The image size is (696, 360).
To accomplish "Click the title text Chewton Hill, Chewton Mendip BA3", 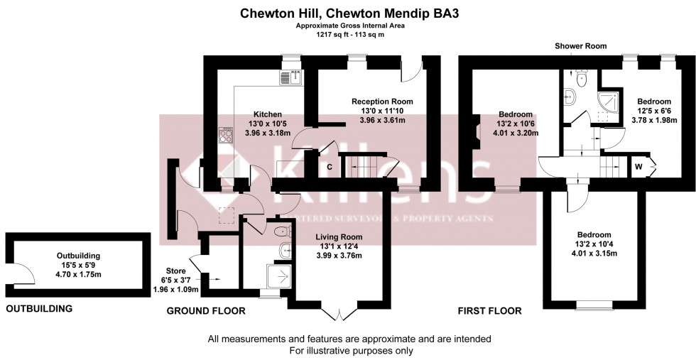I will (347, 13).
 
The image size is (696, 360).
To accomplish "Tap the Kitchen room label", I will (268, 114).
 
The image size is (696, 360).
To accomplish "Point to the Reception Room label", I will (382, 102).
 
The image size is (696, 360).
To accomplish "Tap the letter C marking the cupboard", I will (329, 167).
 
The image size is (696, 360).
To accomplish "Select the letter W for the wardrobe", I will (638, 168).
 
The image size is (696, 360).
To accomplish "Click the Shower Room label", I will (581, 46).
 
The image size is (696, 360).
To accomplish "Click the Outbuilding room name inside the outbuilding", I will (78, 256).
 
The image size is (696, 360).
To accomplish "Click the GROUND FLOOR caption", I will (206, 311).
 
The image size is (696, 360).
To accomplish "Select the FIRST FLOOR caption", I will (490, 311).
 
